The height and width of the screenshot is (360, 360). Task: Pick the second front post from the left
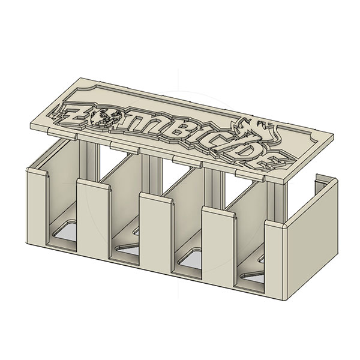coord(93,222)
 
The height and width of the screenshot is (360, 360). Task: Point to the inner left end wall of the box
coord(60,180)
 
